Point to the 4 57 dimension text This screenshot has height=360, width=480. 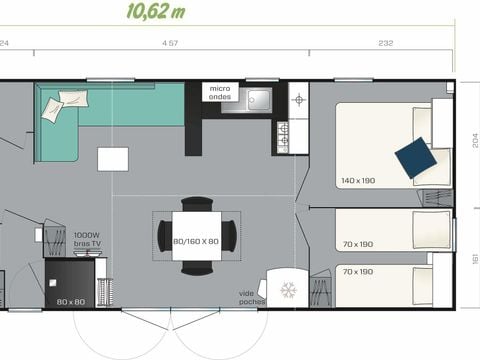click(x=170, y=43)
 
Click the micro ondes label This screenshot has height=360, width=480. click(x=220, y=93)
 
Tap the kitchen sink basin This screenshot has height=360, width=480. click(x=258, y=100)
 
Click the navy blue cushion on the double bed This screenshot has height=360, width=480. click(x=414, y=157)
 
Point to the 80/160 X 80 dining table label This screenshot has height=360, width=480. click(x=195, y=240)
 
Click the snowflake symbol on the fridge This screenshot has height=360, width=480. click(x=288, y=290)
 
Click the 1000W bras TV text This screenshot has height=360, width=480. click(x=87, y=240)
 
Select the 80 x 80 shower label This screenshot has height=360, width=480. click(x=70, y=301)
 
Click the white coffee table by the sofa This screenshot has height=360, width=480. click(x=113, y=159)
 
